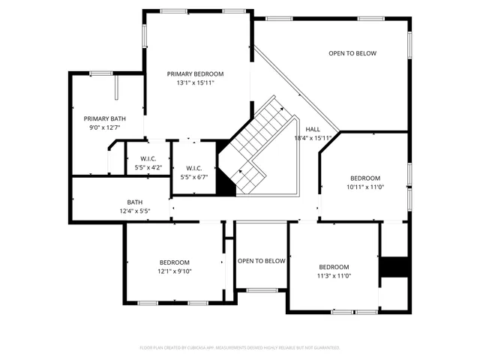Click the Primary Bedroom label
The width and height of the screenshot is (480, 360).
(x=195, y=73)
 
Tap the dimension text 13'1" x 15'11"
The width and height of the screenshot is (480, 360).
(x=195, y=82)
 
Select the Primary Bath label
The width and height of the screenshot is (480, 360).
(x=104, y=118)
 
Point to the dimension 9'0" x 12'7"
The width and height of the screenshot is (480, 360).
(x=104, y=127)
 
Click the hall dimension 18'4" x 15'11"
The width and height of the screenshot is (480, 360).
(x=312, y=138)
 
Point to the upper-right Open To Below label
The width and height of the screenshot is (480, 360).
(x=352, y=53)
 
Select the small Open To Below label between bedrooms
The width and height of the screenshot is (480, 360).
(x=261, y=261)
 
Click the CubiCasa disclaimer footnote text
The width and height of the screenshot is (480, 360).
(x=240, y=347)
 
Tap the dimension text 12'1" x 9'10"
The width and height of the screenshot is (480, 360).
(x=174, y=271)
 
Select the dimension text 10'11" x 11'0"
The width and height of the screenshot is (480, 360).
(x=365, y=187)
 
